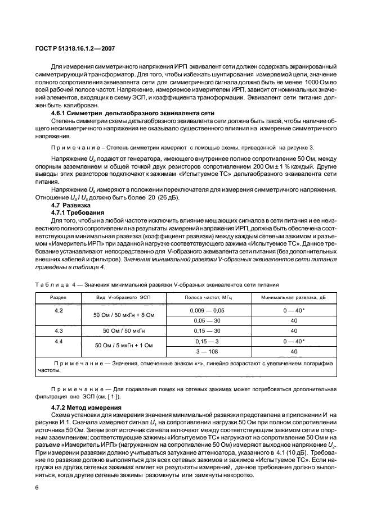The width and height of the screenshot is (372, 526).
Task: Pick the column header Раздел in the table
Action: coord(58,297)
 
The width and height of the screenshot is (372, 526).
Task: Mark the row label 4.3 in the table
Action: coord(58,330)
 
